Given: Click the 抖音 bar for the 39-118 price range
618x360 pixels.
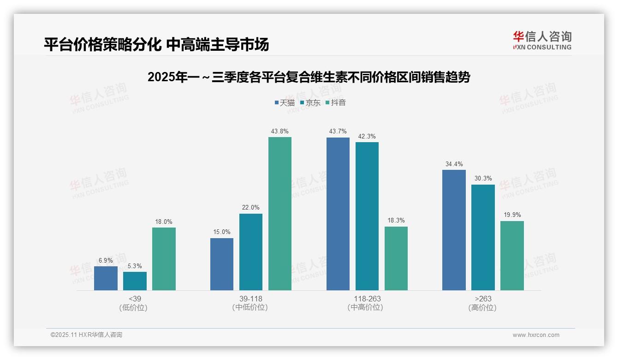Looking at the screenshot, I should (x=280, y=214).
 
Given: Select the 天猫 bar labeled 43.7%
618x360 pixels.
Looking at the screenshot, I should (x=338, y=214).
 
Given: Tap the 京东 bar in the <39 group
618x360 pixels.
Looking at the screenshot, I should (x=135, y=281).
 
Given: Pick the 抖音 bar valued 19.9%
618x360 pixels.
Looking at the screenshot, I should (x=512, y=256).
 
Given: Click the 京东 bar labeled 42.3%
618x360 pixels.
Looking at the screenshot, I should (x=367, y=216).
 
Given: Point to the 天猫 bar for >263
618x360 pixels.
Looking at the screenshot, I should (x=454, y=230).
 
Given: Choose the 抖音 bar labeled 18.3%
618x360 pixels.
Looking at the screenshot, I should (x=396, y=258).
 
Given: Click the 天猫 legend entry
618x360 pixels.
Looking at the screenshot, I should (x=285, y=103).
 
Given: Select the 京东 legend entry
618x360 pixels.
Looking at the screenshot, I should (x=310, y=103).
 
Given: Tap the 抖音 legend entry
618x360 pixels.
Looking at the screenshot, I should (x=336, y=103).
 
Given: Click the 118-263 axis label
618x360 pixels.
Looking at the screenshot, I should (x=367, y=299).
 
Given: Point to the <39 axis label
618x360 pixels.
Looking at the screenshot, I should (x=135, y=299).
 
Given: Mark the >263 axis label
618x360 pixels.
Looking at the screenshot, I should (x=483, y=299).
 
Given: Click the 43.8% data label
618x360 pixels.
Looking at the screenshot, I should (x=280, y=132).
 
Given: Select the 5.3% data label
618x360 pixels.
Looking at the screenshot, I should (x=135, y=266).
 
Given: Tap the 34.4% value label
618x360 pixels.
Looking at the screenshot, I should (x=454, y=164).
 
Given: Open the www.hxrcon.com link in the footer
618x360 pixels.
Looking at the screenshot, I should (x=536, y=335).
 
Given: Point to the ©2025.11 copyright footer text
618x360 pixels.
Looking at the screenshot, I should (x=86, y=335).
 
